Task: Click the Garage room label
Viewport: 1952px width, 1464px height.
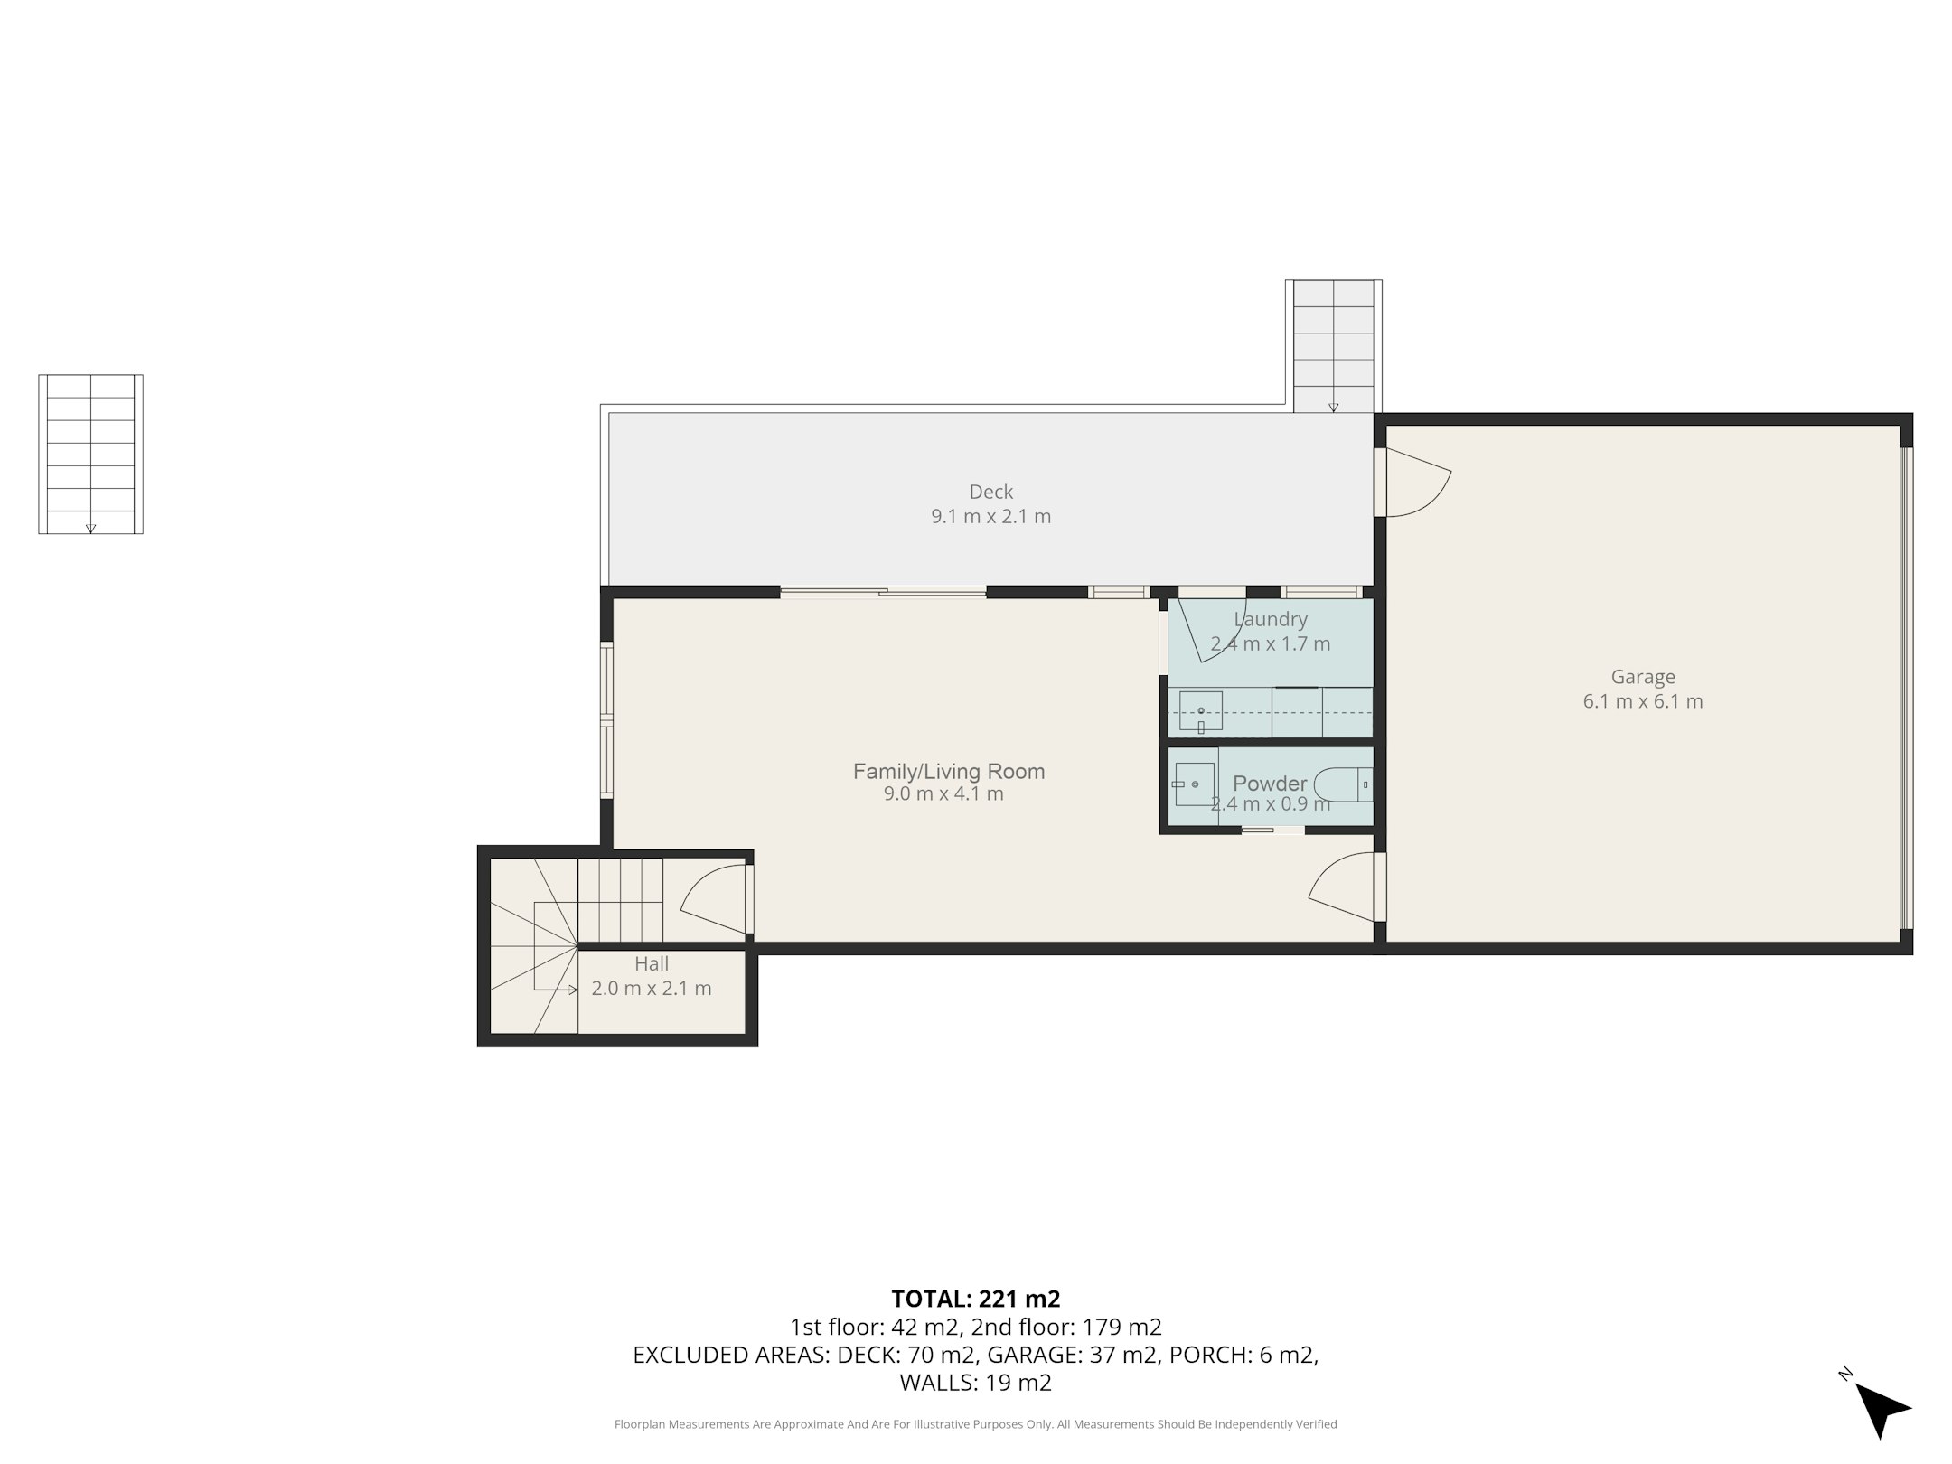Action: [x=1643, y=677]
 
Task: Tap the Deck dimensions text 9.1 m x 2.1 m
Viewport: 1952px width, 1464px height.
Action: [x=991, y=517]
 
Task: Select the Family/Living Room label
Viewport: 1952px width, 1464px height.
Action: [x=949, y=771]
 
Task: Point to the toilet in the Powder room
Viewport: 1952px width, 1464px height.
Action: [x=1344, y=784]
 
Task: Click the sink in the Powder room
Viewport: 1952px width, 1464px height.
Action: [x=1194, y=784]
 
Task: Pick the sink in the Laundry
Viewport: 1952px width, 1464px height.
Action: [x=1201, y=711]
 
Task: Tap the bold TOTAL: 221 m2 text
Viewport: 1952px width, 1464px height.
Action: [x=976, y=1299]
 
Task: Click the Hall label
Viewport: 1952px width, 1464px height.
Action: [x=652, y=963]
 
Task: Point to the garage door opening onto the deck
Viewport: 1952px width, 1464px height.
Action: [x=1414, y=483]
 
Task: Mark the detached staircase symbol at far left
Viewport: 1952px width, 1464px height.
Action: [x=90, y=454]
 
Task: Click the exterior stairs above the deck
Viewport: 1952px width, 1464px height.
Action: [x=1334, y=346]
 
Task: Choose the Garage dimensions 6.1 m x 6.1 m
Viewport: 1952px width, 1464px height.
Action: [x=1643, y=701]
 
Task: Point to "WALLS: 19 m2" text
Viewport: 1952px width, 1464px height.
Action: [x=976, y=1383]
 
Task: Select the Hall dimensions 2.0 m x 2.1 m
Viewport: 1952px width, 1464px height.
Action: [x=652, y=989]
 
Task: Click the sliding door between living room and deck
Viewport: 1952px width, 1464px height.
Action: [x=883, y=593]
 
